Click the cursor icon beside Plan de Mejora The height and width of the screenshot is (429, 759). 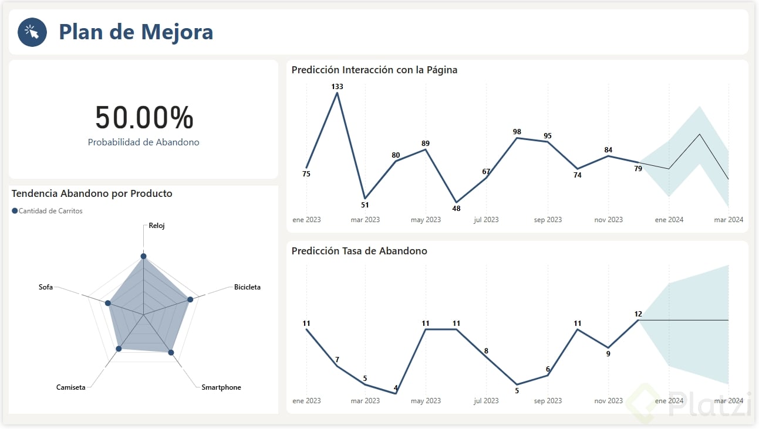(x=32, y=32)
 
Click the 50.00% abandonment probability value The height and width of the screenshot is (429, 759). (x=144, y=117)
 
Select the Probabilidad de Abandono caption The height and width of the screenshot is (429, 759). (x=144, y=142)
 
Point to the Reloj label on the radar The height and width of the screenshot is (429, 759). (x=157, y=226)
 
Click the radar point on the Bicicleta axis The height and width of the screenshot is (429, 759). (x=190, y=299)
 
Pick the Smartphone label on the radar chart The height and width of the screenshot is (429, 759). (x=221, y=387)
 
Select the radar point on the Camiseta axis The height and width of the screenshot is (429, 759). (x=119, y=349)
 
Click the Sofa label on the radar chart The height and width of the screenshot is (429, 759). (x=46, y=287)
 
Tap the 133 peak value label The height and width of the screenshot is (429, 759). (x=337, y=87)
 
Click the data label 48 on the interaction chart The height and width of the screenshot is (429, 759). (x=456, y=209)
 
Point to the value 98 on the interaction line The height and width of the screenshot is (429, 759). (x=517, y=132)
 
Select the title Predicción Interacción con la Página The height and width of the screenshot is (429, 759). (x=375, y=70)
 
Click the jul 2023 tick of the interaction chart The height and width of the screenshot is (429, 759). (x=486, y=220)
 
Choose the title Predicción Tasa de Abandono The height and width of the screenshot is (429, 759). (x=359, y=251)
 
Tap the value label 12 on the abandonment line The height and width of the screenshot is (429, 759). (x=638, y=314)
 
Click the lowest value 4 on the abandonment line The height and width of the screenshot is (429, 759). (x=396, y=387)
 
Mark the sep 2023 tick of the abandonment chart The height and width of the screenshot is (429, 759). (x=547, y=401)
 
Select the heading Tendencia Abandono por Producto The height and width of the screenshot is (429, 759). (x=92, y=193)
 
